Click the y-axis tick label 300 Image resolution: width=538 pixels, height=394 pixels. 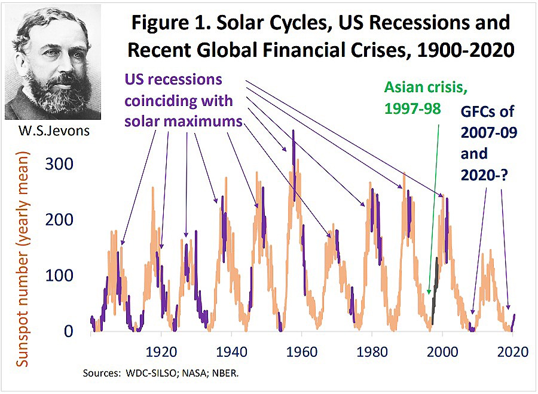tap(60, 164)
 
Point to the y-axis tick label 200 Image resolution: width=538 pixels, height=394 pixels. tap(60, 220)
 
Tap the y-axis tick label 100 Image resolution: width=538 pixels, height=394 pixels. tap(60, 276)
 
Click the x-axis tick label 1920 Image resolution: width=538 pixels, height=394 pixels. tap(160, 351)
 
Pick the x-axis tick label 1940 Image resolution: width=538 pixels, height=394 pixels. tap(231, 351)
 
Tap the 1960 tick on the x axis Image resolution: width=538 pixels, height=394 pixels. tap(301, 351)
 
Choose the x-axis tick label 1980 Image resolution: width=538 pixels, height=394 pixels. tap(372, 351)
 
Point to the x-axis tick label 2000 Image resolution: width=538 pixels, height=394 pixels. tap(442, 351)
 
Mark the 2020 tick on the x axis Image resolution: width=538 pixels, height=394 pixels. tap(512, 351)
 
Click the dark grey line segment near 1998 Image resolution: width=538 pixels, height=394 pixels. tap(435, 287)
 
